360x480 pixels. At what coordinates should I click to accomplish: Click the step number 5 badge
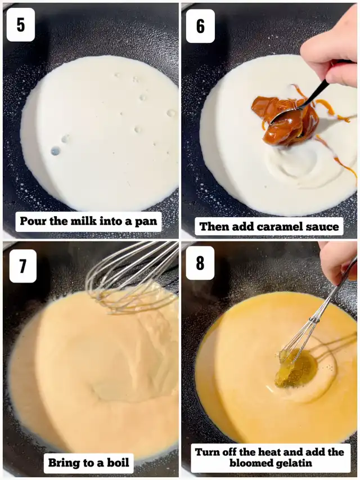click(x=20, y=25)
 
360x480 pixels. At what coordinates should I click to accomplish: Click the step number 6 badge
click(x=200, y=26)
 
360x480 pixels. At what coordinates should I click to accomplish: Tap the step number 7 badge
click(x=23, y=266)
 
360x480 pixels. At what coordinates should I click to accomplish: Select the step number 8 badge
click(x=200, y=263)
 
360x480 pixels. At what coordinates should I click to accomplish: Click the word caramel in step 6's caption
click(x=277, y=227)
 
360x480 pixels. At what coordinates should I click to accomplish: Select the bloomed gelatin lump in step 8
click(x=296, y=367)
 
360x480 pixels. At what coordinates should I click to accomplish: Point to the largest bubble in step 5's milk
click(x=56, y=151)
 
